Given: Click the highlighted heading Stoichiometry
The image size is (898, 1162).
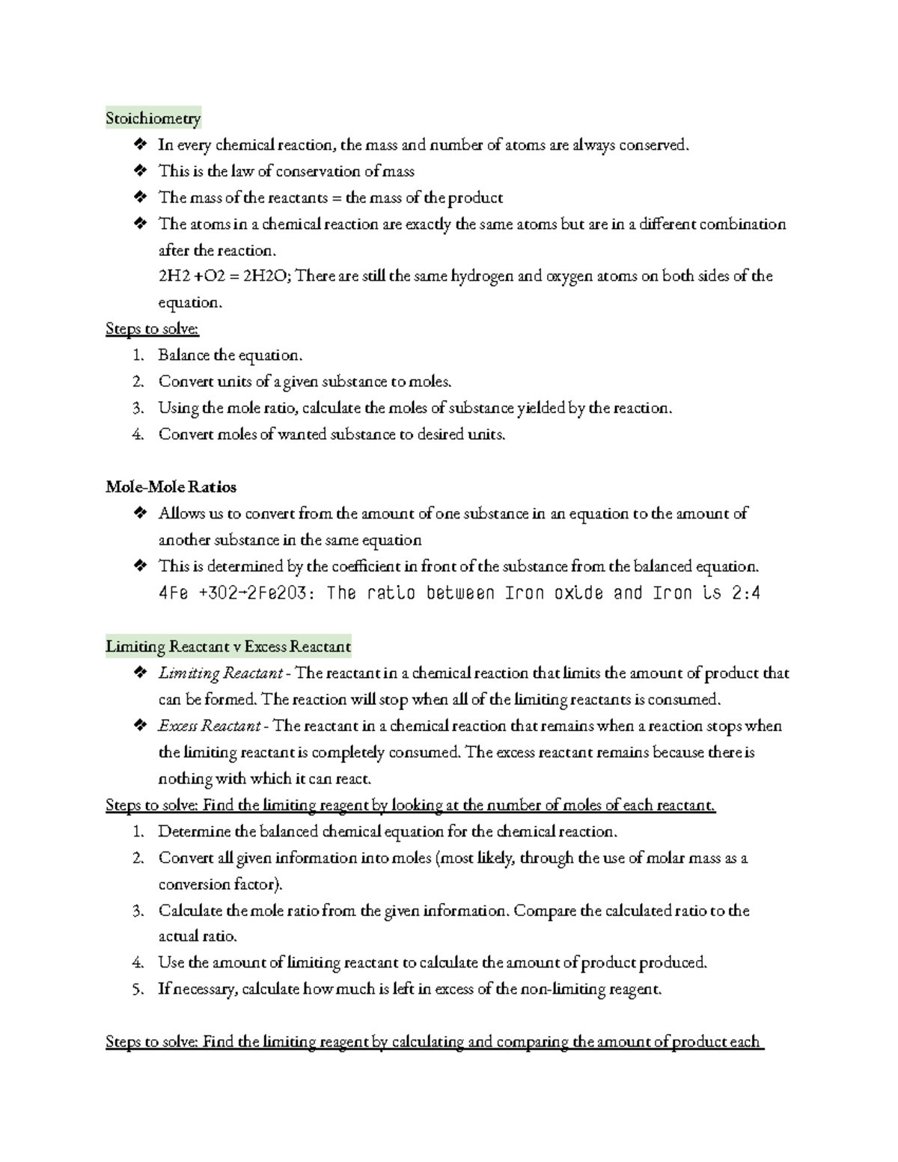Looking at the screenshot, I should [153, 118].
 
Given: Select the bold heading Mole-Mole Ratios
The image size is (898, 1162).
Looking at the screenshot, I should [171, 487].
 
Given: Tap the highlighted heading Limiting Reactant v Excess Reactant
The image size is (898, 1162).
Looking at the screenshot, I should [228, 646].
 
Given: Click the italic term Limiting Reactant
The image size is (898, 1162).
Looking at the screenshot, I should [220, 673].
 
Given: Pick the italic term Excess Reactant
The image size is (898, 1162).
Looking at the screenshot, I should [209, 726].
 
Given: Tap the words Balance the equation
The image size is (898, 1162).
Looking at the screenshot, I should [230, 355].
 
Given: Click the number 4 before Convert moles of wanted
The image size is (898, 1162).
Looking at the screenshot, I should [137, 435].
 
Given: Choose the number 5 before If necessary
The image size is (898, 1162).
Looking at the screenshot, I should [137, 989].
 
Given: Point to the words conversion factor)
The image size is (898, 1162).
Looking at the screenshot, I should [221, 884].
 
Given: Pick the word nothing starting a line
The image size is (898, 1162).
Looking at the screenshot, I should [185, 779].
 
